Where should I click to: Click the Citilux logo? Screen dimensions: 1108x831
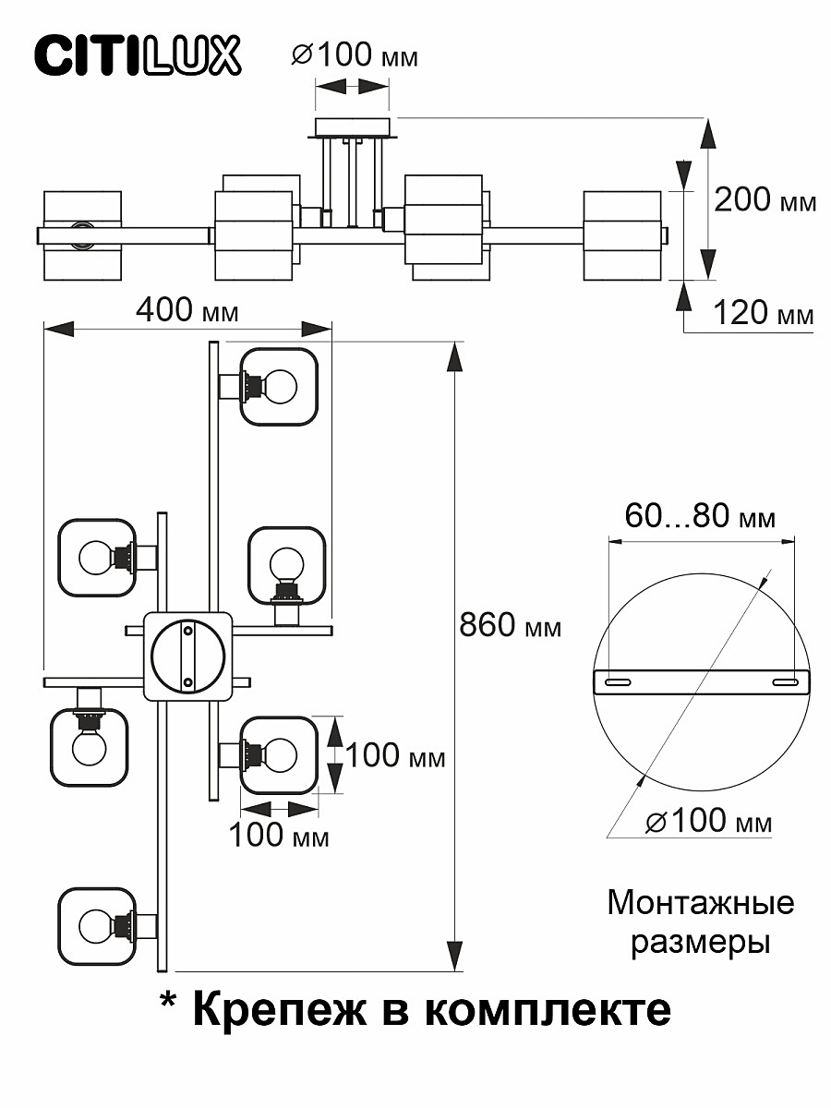pyautogui.click(x=138, y=55)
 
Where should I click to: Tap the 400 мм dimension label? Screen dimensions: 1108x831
pyautogui.click(x=187, y=311)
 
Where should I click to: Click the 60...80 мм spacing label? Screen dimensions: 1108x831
pyautogui.click(x=700, y=516)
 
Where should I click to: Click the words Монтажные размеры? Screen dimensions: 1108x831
pyautogui.click(x=700, y=922)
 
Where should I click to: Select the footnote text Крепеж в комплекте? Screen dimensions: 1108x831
pyautogui.click(x=415, y=1010)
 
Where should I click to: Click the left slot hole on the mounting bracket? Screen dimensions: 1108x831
pyautogui.click(x=616, y=681)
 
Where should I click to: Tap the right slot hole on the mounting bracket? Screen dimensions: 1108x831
pyautogui.click(x=786, y=681)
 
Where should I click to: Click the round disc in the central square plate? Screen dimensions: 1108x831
pyautogui.click(x=187, y=655)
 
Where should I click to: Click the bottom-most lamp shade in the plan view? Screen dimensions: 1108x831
pyautogui.click(x=97, y=925)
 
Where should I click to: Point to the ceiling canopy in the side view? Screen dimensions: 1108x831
pyautogui.click(x=353, y=126)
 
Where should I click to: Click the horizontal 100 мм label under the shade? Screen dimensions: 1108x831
pyautogui.click(x=279, y=837)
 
